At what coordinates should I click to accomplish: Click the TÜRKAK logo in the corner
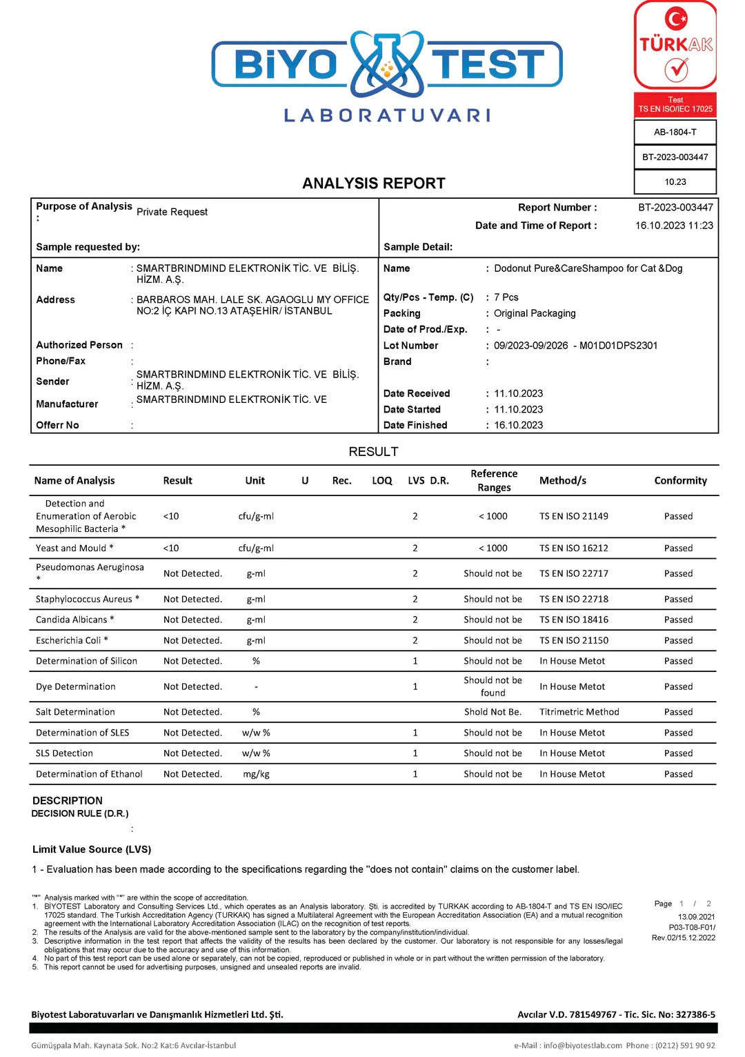coord(675,46)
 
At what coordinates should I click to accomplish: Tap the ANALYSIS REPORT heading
coord(373,184)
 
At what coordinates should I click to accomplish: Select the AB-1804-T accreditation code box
coord(675,132)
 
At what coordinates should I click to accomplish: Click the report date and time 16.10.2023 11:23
coord(674,226)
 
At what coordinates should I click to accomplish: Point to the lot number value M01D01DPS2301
coord(618,346)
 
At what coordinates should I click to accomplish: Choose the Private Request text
coord(172,212)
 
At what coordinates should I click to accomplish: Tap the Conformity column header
coord(680,481)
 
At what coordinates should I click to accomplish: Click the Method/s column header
coord(562,481)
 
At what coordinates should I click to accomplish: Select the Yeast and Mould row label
coord(74,549)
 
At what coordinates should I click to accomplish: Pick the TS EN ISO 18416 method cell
coord(573,620)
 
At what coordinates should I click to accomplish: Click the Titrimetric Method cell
coord(579,712)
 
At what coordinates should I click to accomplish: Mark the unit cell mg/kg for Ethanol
coord(256,774)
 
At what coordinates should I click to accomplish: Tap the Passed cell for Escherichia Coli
coord(678,640)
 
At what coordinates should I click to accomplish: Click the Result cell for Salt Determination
coord(192,712)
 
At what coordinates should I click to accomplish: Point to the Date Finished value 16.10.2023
coord(518,426)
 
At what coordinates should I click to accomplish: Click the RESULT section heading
coord(373,452)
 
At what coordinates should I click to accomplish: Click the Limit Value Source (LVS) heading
coord(92,849)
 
